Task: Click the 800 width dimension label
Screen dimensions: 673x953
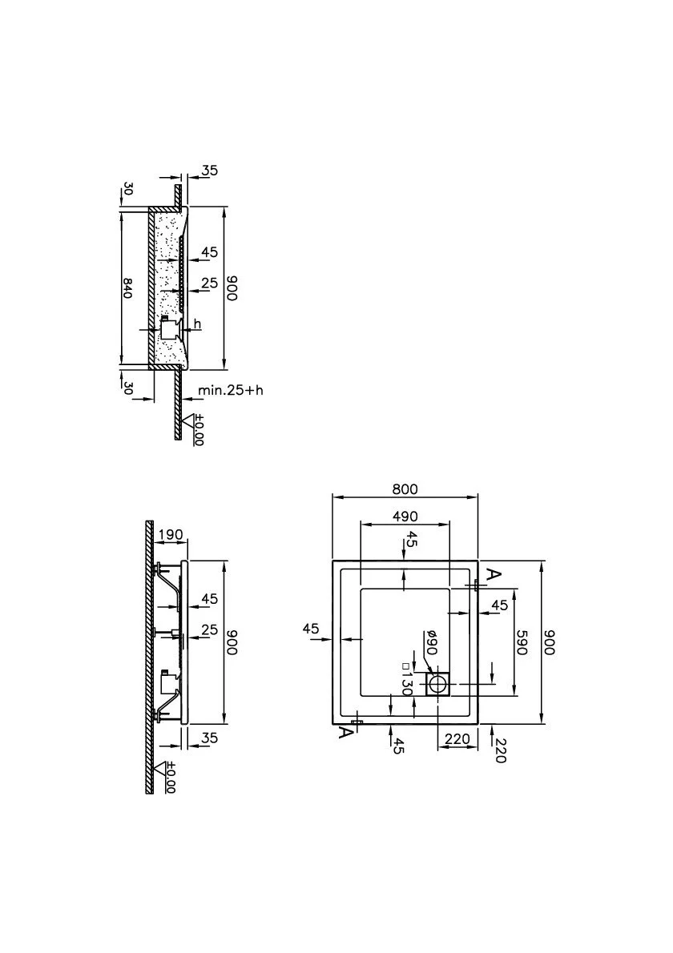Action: click(405, 489)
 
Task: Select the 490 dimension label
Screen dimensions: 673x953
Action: click(405, 516)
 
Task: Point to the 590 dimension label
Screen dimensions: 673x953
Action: click(521, 642)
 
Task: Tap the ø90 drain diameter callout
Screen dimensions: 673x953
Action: click(431, 642)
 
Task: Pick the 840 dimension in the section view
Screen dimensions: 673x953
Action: click(127, 288)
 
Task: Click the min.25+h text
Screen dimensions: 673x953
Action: click(231, 389)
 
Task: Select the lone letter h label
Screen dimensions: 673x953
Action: click(197, 324)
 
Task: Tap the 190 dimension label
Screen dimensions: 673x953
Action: click(170, 535)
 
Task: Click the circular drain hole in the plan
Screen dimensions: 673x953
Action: click(437, 685)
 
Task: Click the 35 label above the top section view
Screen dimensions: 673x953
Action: click(209, 171)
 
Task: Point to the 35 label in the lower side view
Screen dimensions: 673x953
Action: click(209, 738)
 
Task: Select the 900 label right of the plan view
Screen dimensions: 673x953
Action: click(550, 642)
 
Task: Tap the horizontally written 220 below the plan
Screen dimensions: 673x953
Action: click(457, 738)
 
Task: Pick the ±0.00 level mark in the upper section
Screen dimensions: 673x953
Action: click(198, 431)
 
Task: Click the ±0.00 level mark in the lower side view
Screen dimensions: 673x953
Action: click(170, 778)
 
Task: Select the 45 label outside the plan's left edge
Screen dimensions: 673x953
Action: click(311, 629)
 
